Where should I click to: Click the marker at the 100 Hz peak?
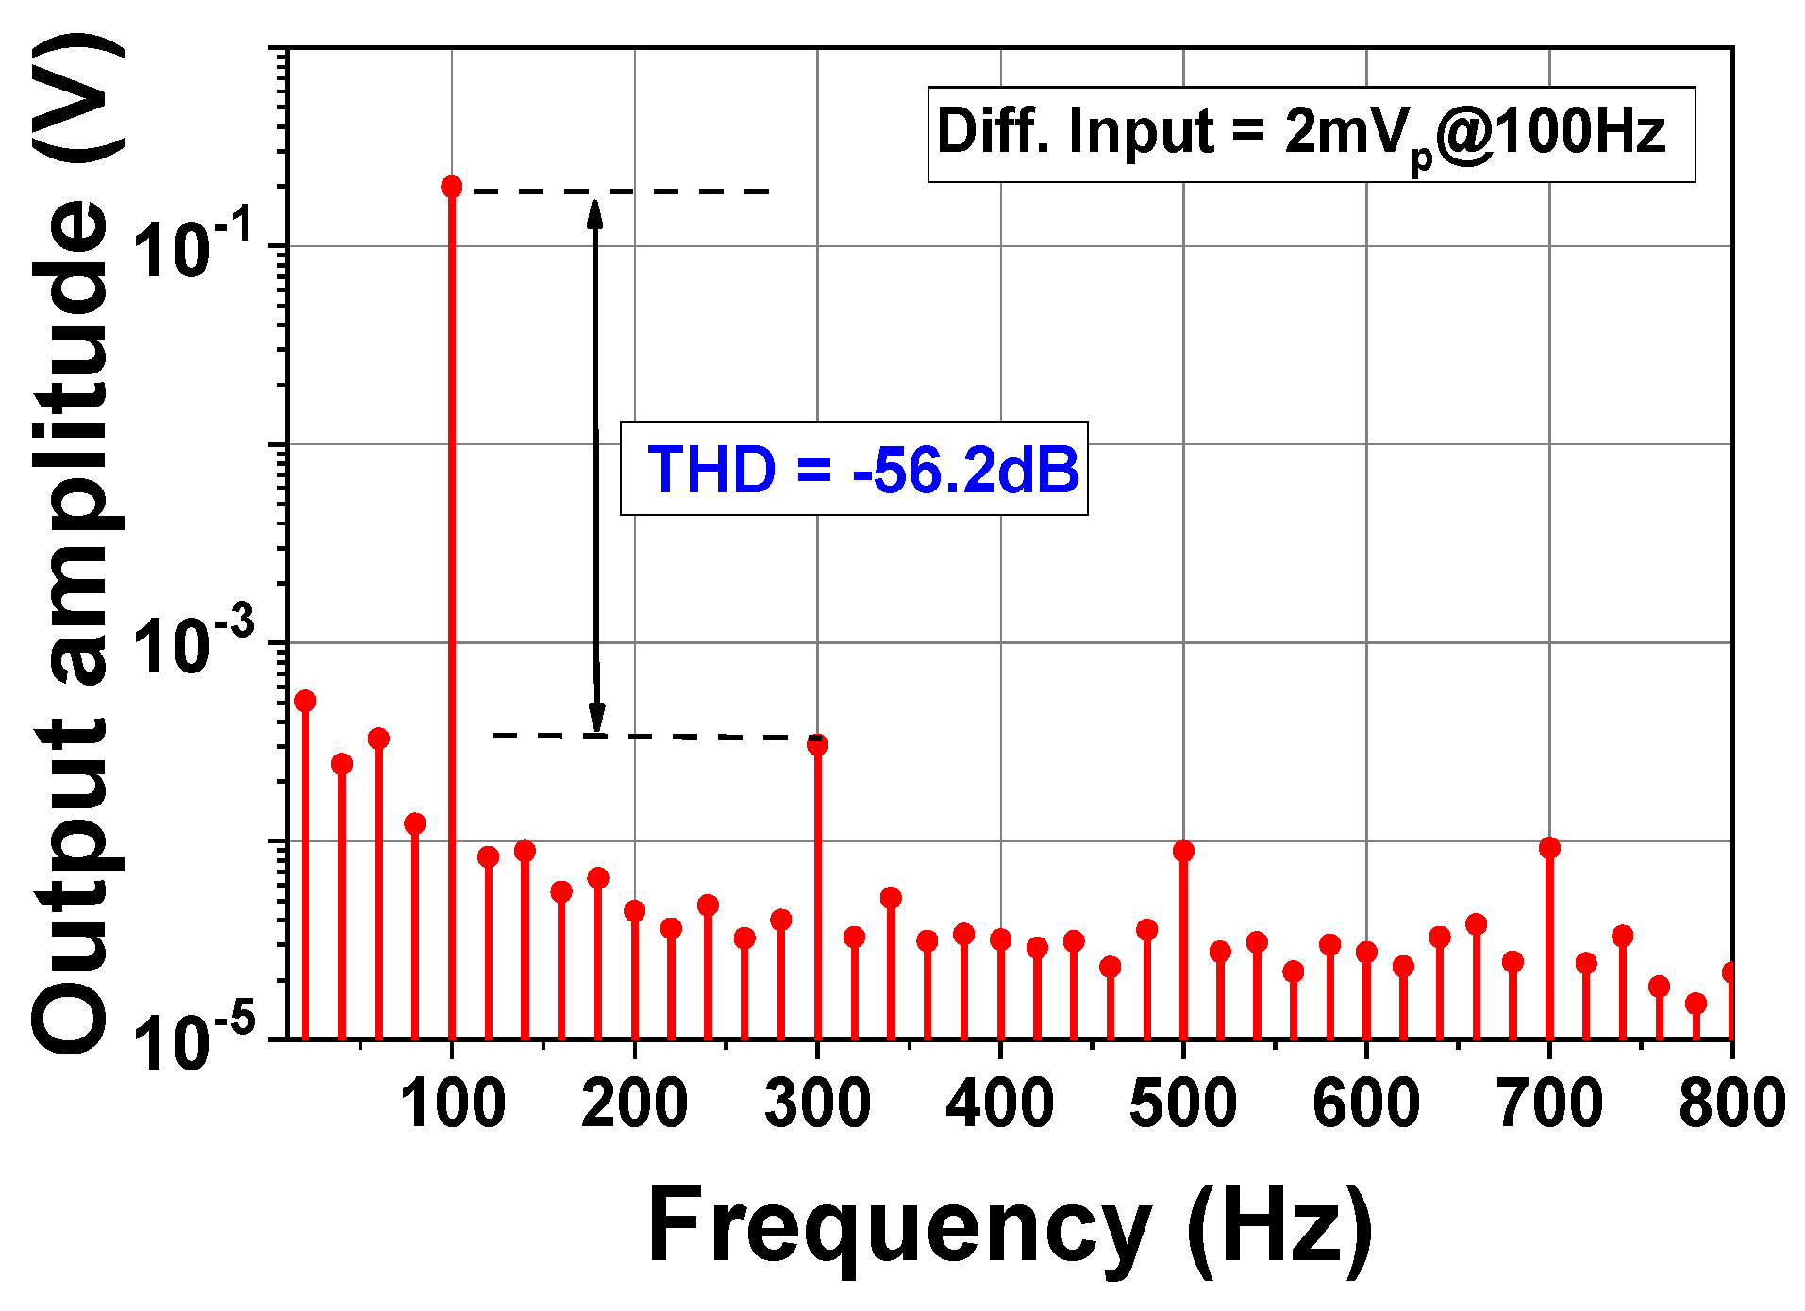[x=452, y=187]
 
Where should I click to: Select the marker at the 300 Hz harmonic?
[x=818, y=744]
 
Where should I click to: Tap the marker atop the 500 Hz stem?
[x=1183, y=851]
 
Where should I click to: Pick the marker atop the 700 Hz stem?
[x=1549, y=848]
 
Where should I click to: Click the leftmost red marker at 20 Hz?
[x=305, y=701]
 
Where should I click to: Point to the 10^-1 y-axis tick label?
[x=193, y=248]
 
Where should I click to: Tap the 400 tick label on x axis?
[x=1000, y=1104]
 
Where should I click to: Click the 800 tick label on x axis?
[x=1731, y=1104]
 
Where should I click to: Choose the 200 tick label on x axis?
[x=634, y=1104]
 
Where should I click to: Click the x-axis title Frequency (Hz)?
[x=1010, y=1226]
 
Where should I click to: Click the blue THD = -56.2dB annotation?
[x=862, y=469]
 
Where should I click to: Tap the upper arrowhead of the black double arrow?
[x=594, y=211]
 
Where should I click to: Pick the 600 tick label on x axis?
[x=1366, y=1104]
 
